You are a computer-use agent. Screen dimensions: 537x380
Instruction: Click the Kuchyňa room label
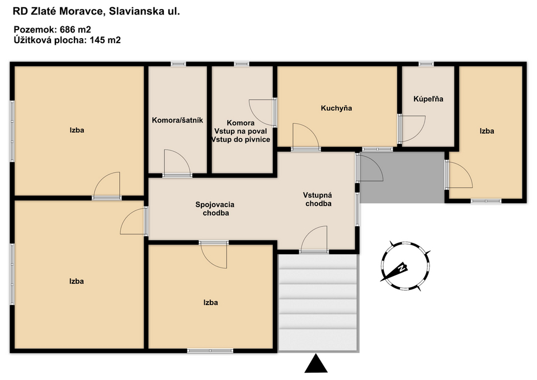pos(336,108)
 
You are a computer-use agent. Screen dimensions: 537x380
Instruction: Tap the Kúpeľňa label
pos(428,99)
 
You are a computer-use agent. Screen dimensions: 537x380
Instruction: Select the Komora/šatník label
pos(177,120)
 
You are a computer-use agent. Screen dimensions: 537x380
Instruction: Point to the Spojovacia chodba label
pos(215,209)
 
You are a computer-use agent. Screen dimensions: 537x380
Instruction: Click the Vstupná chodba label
pos(318,199)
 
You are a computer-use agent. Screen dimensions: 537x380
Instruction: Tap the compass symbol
pos(405,266)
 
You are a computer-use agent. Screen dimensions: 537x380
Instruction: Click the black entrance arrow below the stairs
pos(315,364)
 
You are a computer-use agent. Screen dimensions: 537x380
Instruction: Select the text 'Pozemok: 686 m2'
pos(52,30)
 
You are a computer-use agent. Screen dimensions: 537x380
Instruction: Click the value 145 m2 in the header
pos(105,40)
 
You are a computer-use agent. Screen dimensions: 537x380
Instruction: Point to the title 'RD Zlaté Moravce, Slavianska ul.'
pos(96,11)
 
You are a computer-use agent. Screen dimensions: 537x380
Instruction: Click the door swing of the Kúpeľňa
pos(412,129)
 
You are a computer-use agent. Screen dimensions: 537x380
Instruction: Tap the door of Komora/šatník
pos(177,163)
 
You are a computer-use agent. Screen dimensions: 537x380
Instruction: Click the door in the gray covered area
pos(370,167)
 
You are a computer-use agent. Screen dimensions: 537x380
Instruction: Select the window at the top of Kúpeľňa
pos(426,64)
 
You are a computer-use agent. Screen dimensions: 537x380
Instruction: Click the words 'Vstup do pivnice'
pos(241,139)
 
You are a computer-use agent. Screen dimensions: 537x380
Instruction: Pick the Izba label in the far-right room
pos(487,131)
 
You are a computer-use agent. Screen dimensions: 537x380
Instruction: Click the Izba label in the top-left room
pos(77,130)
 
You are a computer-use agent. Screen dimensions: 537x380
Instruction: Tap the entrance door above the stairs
pos(314,240)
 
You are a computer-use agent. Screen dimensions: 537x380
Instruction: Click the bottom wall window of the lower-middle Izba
pos(210,350)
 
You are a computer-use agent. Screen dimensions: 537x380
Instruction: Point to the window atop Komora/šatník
pos(178,64)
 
